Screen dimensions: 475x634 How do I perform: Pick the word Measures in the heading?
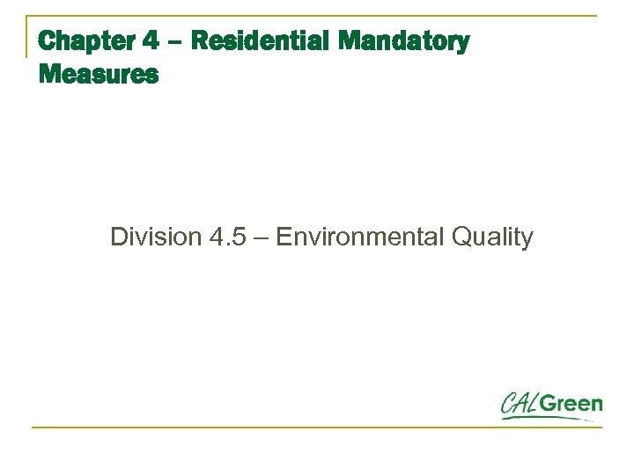click(x=99, y=75)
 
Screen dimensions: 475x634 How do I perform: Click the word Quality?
click(x=494, y=237)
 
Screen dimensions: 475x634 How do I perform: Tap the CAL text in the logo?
click(x=520, y=405)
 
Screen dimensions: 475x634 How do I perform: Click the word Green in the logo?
click(x=571, y=405)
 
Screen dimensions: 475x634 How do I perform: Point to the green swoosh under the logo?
click(x=546, y=418)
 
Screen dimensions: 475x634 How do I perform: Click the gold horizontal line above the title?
click(x=317, y=17)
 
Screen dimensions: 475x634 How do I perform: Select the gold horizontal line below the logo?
click(x=317, y=427)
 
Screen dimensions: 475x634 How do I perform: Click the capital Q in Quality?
click(x=461, y=237)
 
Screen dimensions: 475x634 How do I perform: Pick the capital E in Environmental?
click(x=284, y=237)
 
